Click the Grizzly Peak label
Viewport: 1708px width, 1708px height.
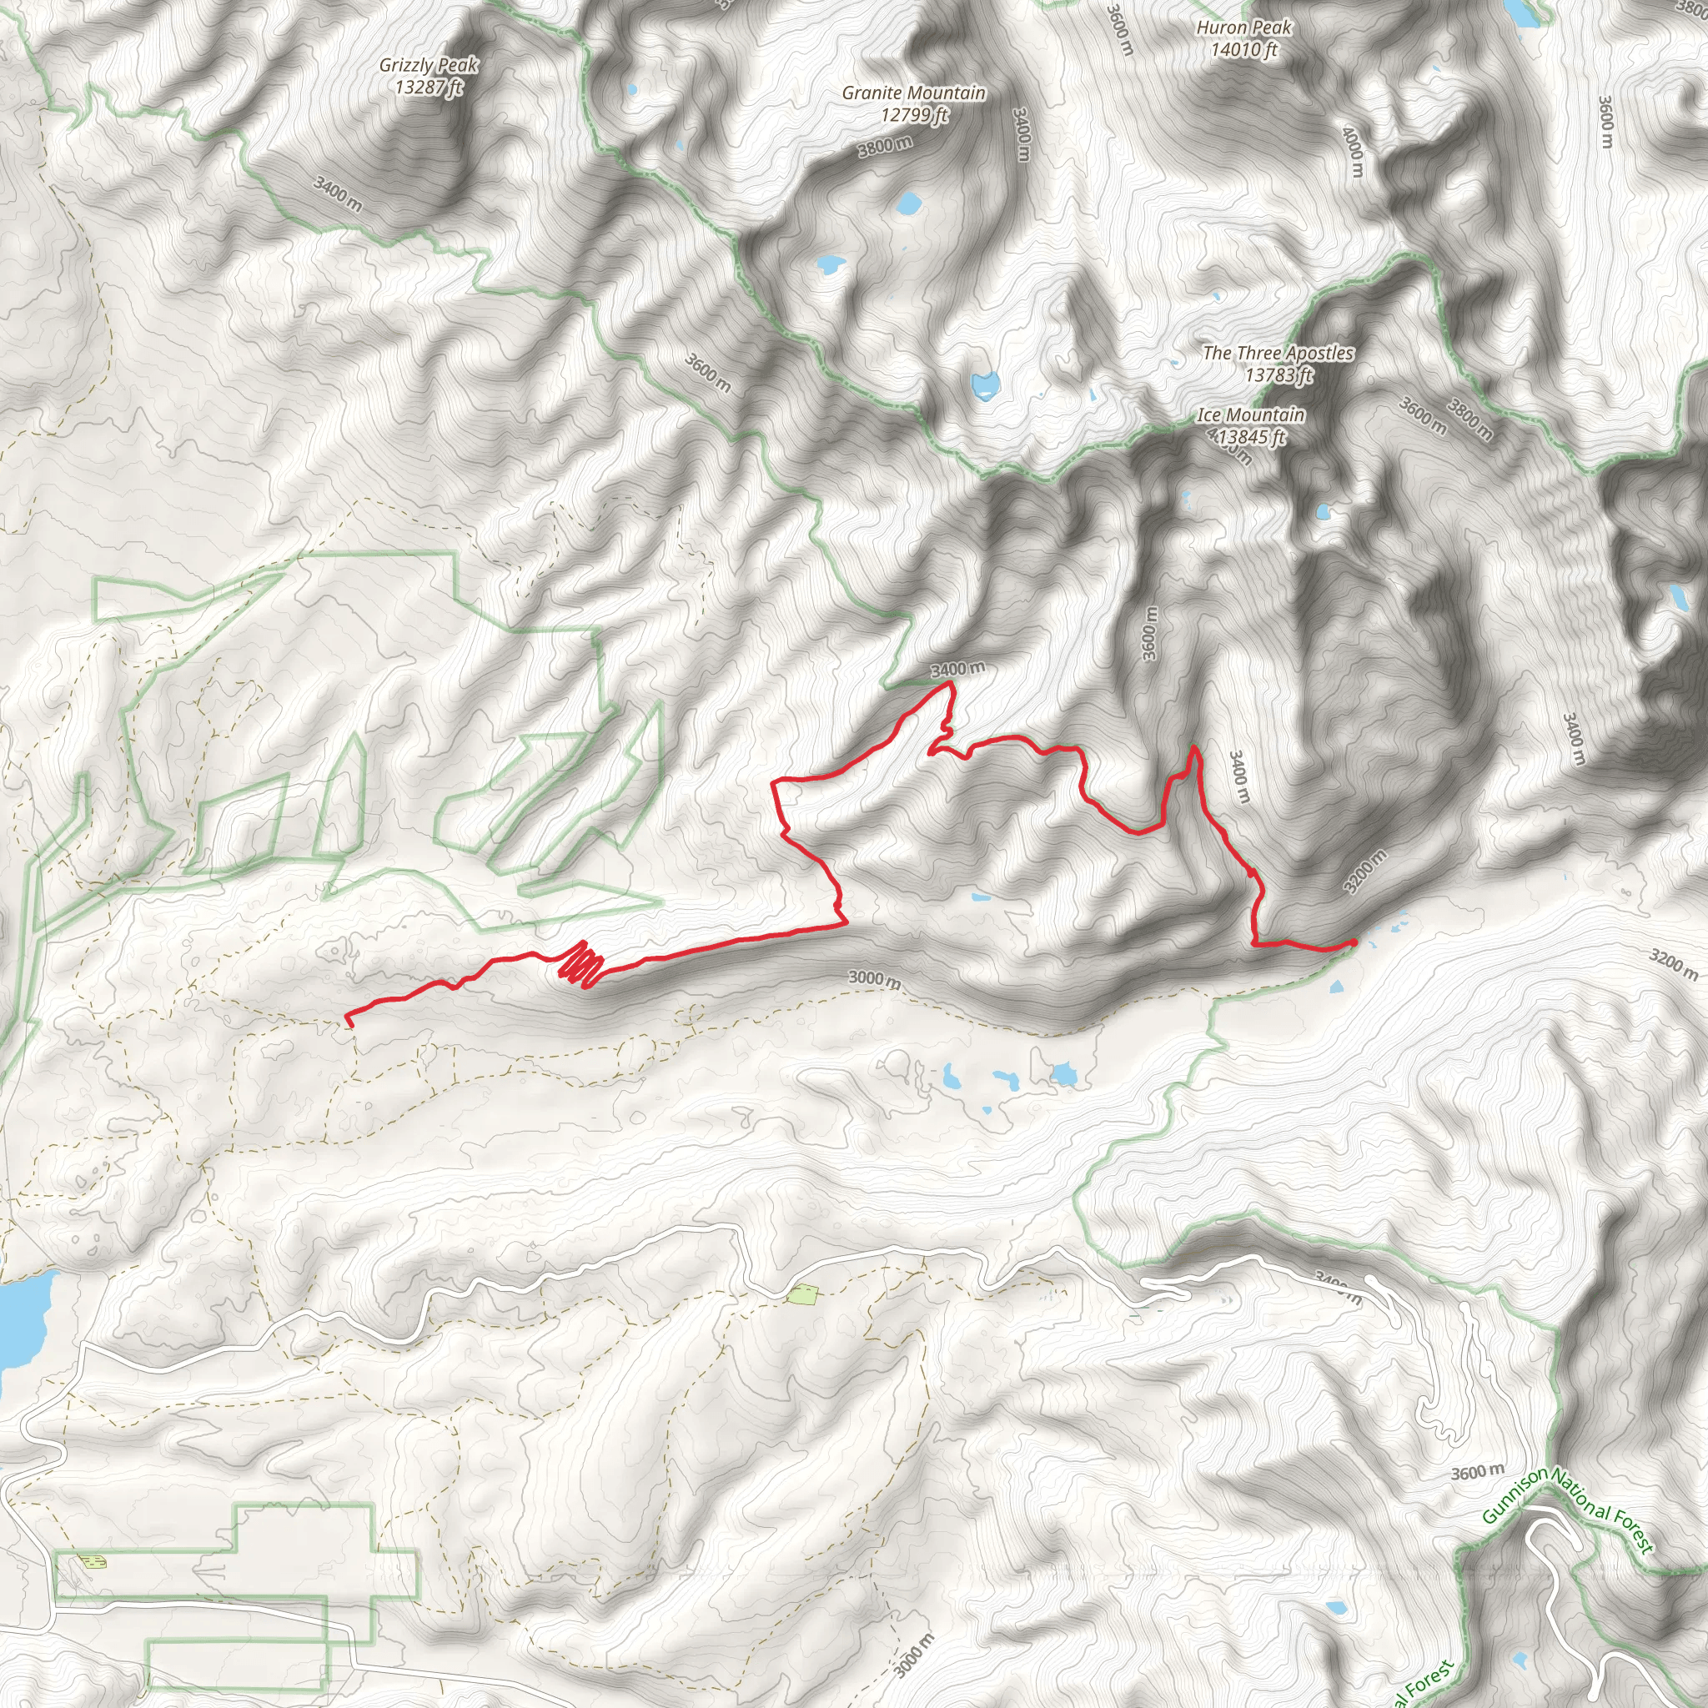coord(429,76)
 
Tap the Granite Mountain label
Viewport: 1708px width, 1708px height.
coord(913,103)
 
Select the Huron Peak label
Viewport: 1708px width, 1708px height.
coord(1243,39)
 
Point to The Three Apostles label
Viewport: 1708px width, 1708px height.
coord(1278,364)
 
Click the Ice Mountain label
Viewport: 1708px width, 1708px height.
coord(1250,425)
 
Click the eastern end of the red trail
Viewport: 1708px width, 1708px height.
coord(1354,943)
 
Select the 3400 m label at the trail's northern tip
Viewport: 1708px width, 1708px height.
coord(957,669)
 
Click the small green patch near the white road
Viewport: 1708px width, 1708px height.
coord(801,1295)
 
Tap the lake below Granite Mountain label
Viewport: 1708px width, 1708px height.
coord(908,205)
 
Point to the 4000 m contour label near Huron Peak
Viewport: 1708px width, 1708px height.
coord(1352,151)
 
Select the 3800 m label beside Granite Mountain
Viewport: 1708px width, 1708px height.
coord(885,146)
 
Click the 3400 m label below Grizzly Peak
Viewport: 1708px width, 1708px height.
coord(338,193)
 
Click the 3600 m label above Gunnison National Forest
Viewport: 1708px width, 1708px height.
coord(1477,1472)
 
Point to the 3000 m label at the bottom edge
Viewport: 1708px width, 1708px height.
coord(913,1655)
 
